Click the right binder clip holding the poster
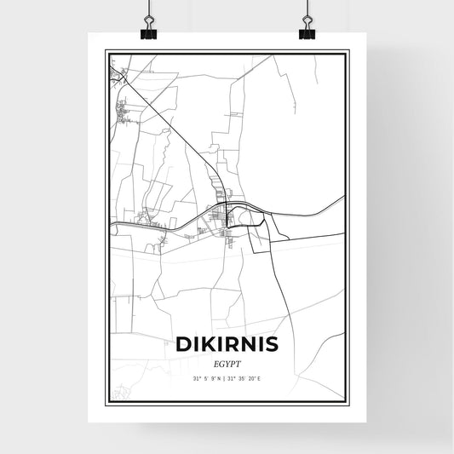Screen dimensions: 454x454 (307, 32)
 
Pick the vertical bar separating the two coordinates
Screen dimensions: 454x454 (227, 379)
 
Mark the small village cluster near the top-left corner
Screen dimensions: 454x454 (126, 108)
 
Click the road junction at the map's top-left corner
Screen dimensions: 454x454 (117, 76)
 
